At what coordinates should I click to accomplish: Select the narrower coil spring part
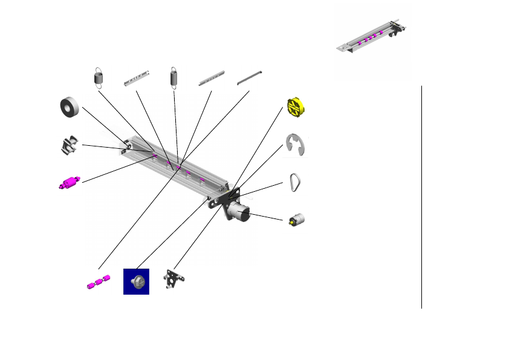click(174, 77)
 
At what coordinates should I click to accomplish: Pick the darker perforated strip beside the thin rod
click(211, 77)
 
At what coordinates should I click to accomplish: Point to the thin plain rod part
click(249, 77)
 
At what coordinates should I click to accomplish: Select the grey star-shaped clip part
click(71, 146)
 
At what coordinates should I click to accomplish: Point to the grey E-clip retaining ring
click(296, 145)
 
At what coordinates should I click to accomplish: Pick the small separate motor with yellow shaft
click(296, 219)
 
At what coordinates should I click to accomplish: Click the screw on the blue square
click(136, 282)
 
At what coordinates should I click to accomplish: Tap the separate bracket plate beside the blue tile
click(175, 280)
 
